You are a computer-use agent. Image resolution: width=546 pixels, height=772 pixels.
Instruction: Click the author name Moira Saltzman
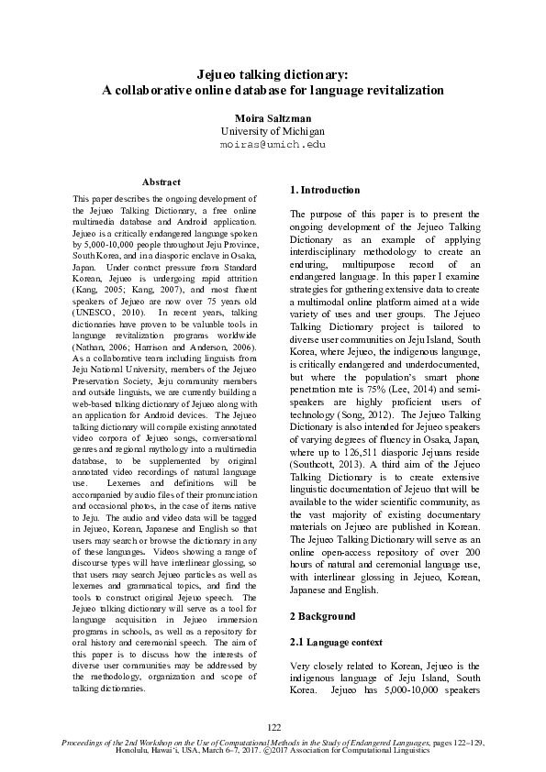(x=273, y=118)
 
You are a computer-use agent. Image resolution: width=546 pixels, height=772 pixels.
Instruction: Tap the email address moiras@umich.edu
(x=273, y=145)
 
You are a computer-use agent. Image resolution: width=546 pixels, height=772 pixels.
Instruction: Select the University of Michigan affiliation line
(x=273, y=132)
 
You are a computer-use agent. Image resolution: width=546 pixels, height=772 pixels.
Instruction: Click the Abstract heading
(x=162, y=182)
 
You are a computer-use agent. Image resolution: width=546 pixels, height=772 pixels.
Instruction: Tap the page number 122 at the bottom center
(x=273, y=726)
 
